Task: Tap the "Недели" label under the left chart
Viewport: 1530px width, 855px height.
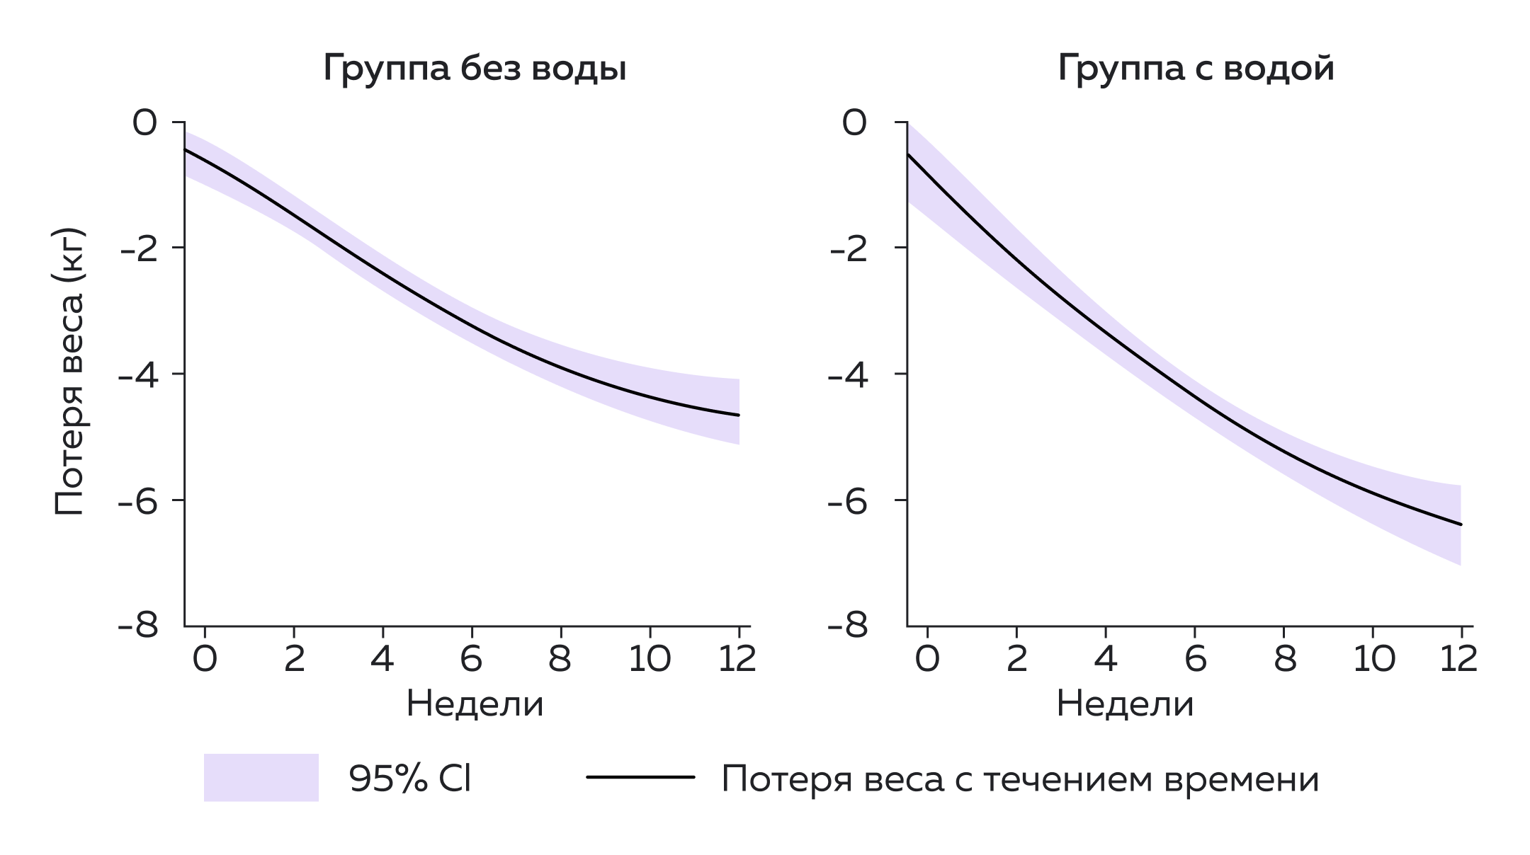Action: click(475, 705)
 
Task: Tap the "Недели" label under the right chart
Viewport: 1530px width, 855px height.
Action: click(1125, 705)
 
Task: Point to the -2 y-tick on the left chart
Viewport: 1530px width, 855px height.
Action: click(138, 249)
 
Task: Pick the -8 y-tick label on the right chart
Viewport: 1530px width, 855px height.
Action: click(847, 627)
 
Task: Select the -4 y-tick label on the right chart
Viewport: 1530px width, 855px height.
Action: click(847, 375)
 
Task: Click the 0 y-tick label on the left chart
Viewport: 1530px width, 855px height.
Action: click(144, 123)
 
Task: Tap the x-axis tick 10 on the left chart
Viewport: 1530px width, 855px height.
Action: click(650, 660)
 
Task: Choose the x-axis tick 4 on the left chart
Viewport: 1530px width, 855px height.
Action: click(382, 660)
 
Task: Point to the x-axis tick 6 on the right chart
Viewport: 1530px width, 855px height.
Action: click(1195, 660)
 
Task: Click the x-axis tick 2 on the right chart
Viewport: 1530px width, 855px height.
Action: click(1016, 660)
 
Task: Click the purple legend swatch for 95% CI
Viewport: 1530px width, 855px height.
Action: click(261, 777)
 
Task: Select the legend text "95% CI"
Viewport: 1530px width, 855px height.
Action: click(409, 779)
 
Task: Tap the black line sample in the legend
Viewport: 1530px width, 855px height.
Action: click(640, 777)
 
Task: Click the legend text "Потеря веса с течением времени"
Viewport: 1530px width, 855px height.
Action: click(1020, 779)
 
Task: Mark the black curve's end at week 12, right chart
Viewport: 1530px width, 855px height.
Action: click(1460, 524)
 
